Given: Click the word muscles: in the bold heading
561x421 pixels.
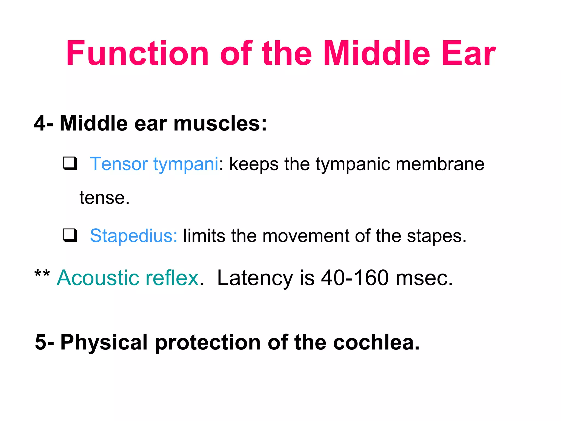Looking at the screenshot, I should coord(220,123).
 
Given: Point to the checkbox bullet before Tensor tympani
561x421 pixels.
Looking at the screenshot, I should coord(70,163).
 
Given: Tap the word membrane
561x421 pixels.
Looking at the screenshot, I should coord(440,164).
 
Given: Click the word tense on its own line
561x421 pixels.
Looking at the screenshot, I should coord(102,198).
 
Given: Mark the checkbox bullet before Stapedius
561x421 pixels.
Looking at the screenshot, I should coord(70,235).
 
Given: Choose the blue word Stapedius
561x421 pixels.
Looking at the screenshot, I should coord(133,236).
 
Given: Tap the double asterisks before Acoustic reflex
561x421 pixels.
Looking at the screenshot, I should coord(42,274).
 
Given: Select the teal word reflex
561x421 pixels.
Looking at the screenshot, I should coord(172,278).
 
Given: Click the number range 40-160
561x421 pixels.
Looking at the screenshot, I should coord(355,278).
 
